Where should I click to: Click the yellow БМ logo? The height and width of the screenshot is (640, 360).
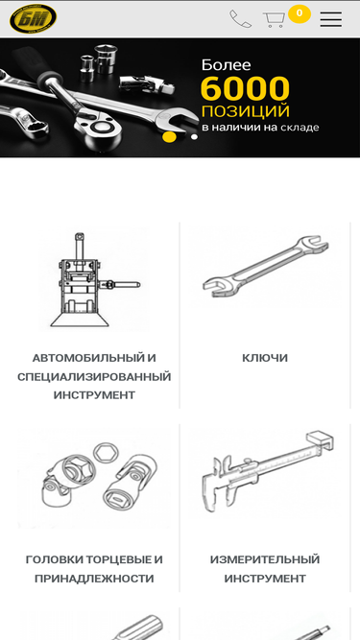[33, 19]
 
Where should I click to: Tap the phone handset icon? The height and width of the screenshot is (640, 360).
[240, 19]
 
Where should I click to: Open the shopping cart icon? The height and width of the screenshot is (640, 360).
[274, 19]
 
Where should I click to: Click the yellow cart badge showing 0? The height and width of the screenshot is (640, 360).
[300, 13]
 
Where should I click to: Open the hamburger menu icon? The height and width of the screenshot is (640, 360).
[331, 19]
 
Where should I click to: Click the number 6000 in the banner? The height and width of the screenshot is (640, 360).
[246, 88]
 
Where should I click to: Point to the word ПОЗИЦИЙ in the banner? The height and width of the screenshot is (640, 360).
[246, 111]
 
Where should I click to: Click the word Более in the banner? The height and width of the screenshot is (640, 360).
[227, 65]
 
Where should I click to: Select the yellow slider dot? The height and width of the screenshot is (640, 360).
[169, 137]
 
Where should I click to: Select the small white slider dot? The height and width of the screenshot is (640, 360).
[194, 137]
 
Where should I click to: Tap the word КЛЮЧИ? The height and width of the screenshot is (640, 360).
[265, 358]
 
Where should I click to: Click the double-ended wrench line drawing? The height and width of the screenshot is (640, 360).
[266, 266]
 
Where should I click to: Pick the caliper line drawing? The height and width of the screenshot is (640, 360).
[268, 472]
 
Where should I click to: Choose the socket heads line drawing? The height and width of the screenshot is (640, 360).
[100, 475]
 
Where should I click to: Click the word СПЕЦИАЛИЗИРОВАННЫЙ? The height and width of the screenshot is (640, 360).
[94, 376]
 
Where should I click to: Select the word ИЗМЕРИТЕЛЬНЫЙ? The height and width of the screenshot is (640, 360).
[265, 559]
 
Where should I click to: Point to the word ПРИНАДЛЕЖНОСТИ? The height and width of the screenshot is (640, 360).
[94, 579]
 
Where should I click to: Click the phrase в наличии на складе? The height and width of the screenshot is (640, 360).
[260, 128]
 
